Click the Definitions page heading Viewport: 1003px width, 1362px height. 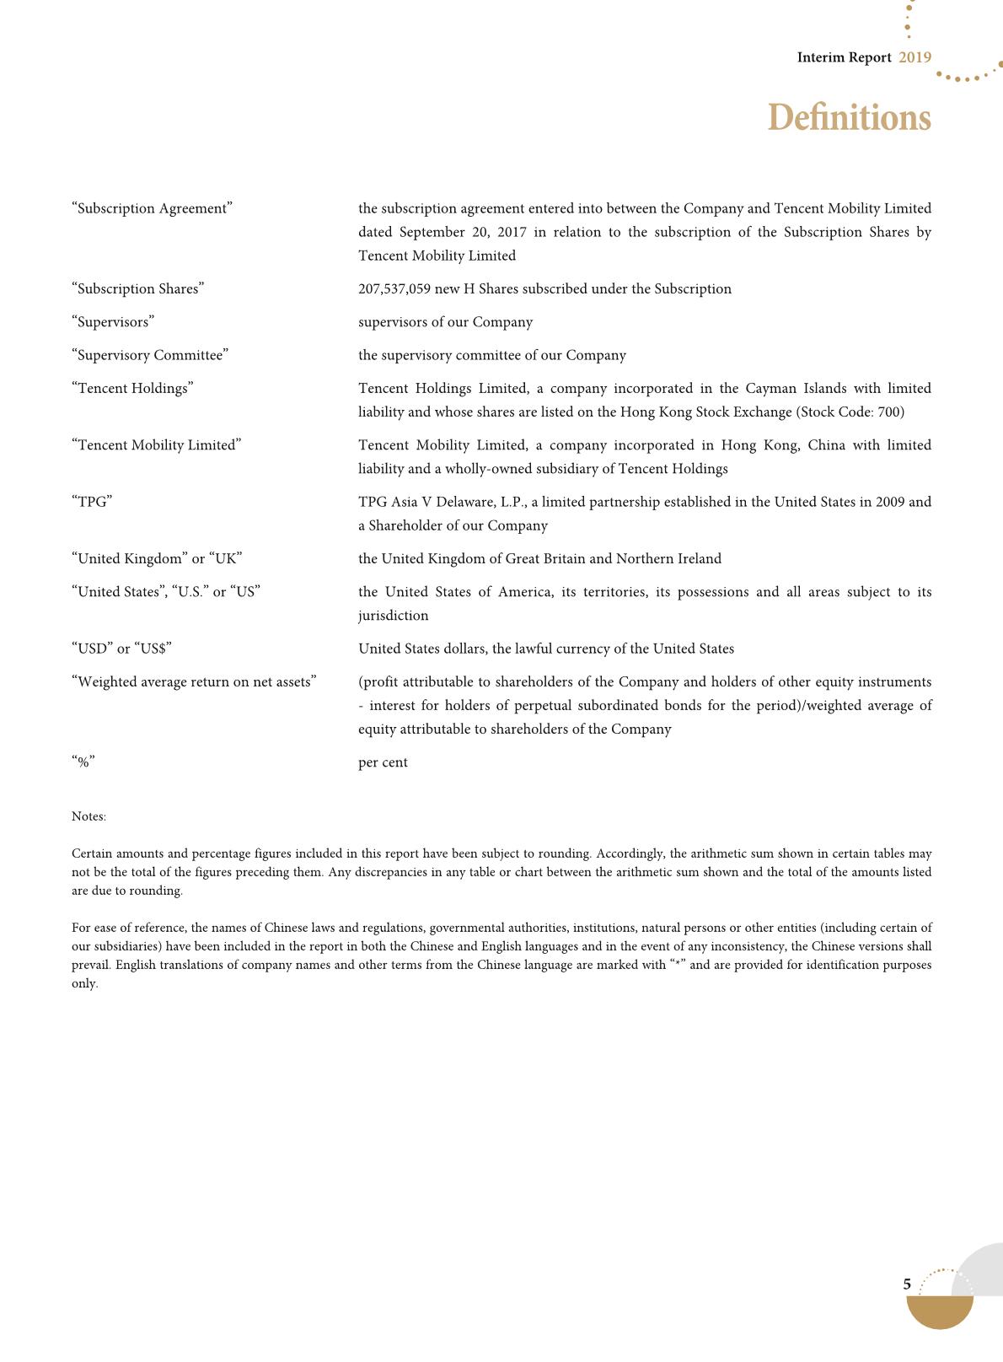(x=849, y=117)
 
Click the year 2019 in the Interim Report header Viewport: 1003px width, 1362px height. (x=914, y=57)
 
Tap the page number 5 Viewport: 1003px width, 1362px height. (x=907, y=1284)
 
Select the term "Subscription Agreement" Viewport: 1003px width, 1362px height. (x=153, y=208)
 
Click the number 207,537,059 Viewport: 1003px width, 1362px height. (x=394, y=288)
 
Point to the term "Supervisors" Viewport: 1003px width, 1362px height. (x=113, y=322)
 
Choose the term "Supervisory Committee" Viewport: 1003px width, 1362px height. (x=150, y=355)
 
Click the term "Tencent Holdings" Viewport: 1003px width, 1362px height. (x=132, y=388)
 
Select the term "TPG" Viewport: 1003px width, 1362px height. (x=92, y=502)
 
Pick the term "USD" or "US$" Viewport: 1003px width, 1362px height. (x=122, y=649)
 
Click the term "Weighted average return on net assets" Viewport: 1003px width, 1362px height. (x=194, y=681)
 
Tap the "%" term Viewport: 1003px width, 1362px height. (x=83, y=762)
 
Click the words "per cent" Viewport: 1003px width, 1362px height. (x=383, y=762)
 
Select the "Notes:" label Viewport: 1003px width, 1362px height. (x=88, y=816)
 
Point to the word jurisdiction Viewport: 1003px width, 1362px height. (x=393, y=616)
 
